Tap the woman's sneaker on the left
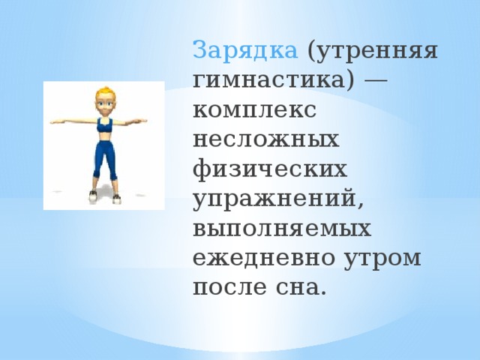93,197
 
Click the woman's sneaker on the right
116,197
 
